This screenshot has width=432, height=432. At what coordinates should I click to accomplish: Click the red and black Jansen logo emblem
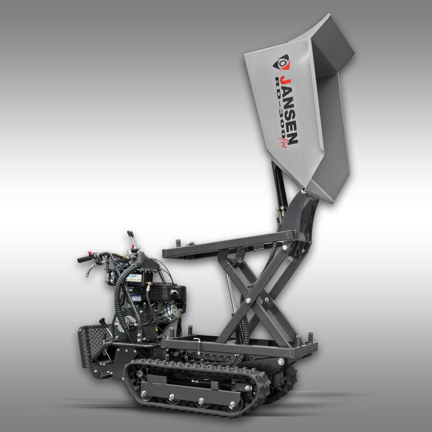coord(281,64)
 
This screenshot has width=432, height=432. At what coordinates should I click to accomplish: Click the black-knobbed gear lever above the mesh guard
coord(103,323)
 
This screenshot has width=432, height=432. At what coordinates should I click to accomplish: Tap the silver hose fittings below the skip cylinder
coord(279,211)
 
